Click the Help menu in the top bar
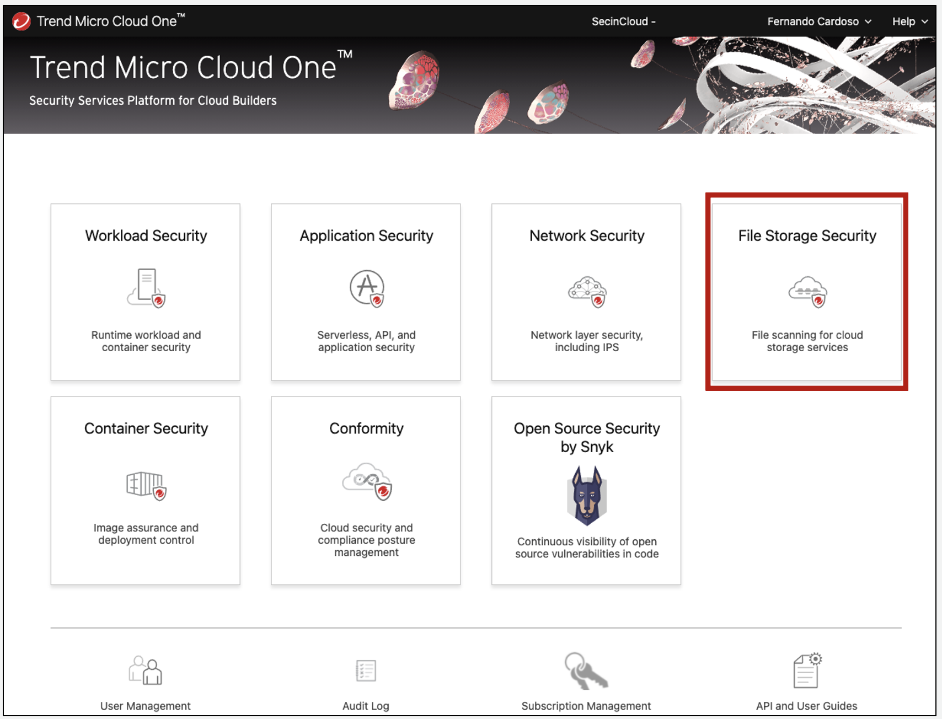click(909, 22)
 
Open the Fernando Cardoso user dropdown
click(819, 22)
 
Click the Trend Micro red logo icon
click(21, 21)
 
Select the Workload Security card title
click(146, 235)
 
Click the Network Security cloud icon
click(587, 292)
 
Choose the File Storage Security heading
click(807, 235)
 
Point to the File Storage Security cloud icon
click(807, 292)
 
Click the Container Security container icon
click(146, 485)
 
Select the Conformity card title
click(366, 428)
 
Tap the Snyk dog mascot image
click(587, 495)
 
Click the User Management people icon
click(146, 670)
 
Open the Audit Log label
click(366, 706)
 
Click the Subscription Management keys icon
click(586, 670)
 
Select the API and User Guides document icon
click(807, 670)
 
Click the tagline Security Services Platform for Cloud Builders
click(153, 100)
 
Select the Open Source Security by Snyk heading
click(587, 437)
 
